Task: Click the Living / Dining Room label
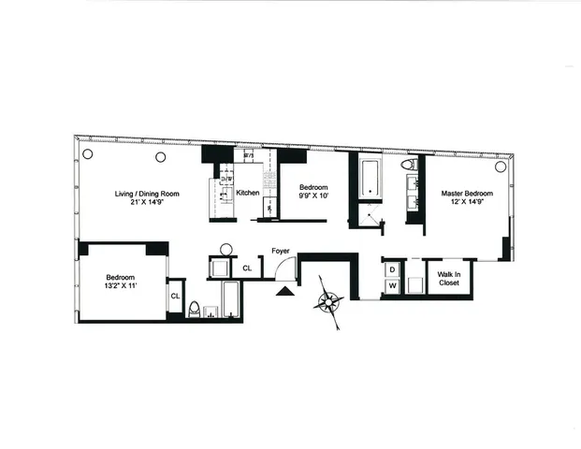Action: [x=147, y=194]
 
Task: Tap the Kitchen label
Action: [x=248, y=194]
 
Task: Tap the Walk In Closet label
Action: [x=448, y=280]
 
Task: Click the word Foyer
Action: [x=280, y=251]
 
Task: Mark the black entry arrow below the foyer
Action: [x=283, y=293]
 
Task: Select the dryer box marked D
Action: [x=393, y=268]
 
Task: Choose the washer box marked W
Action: [x=393, y=285]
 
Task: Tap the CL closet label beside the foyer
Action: [x=247, y=268]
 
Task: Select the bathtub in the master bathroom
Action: [x=368, y=178]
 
